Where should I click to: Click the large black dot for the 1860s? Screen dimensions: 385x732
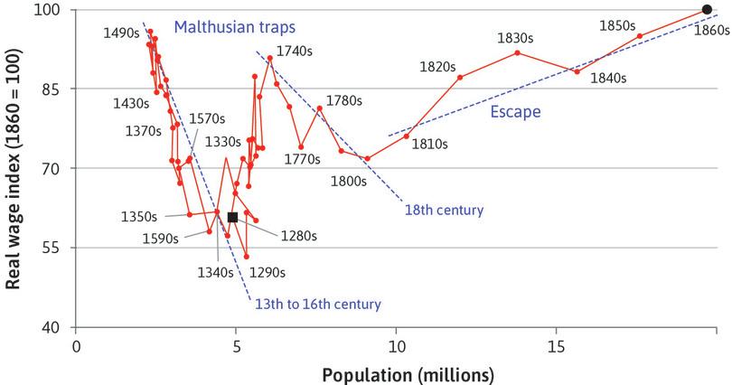coord(707,10)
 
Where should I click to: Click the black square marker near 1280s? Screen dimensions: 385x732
coord(233,217)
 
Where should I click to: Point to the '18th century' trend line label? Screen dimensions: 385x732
coord(444,210)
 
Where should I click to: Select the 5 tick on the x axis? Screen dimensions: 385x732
coord(237,345)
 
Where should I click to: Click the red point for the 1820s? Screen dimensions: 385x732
coord(460,78)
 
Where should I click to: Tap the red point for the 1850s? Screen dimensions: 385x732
coord(640,36)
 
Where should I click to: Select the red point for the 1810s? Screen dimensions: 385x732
coord(407,136)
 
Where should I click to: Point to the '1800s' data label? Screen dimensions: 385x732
coord(347,180)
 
